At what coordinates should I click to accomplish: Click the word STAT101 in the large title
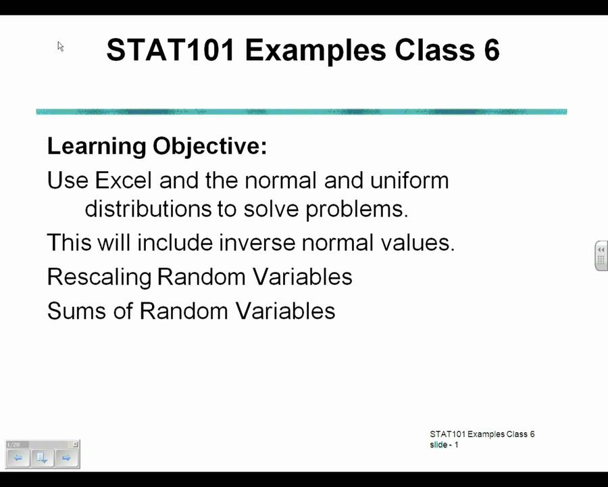point(171,50)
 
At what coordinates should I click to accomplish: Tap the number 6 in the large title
point(491,50)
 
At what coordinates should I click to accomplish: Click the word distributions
point(149,209)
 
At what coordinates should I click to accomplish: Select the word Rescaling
point(99,277)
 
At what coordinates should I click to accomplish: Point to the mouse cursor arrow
point(60,46)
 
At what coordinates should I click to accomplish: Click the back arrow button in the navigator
point(18,458)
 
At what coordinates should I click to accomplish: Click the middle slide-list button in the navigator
point(42,458)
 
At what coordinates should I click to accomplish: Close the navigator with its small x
point(76,444)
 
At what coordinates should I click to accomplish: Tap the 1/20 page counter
point(14,444)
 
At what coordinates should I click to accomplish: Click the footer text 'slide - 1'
point(444,444)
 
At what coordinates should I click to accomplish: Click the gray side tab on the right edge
point(601,256)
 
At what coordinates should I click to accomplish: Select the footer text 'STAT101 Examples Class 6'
point(482,434)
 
